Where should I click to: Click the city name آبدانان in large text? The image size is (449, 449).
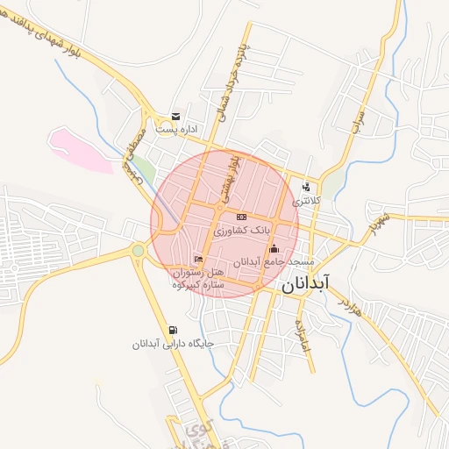pos(305,285)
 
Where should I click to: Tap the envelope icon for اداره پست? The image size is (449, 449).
pos(176,117)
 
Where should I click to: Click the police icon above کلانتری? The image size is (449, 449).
pos(306,187)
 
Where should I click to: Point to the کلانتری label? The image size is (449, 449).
pos(307,201)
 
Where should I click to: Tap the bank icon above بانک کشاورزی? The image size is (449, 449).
pos(242,217)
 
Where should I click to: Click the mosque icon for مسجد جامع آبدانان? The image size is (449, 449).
pos(274,248)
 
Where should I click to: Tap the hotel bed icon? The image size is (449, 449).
pos(198,259)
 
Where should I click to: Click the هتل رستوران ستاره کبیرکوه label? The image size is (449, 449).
pos(199,279)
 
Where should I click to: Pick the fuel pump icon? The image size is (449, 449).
pos(172,331)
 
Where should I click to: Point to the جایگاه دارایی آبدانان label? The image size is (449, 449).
pos(173,345)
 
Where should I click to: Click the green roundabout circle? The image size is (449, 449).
pos(138,252)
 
